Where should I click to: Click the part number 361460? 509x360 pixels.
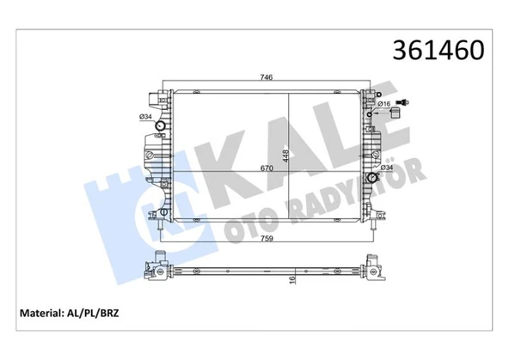coord(438,51)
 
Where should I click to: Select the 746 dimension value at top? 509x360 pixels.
coord(267,77)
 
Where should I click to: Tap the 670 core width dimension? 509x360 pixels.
coord(267,168)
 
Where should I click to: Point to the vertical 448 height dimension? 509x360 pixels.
coord(285,156)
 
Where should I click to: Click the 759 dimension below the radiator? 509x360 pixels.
coord(267,238)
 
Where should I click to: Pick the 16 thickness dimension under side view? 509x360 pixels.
coord(291,279)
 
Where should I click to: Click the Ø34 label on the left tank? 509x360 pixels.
coord(145,117)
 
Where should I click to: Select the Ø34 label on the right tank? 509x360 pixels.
coord(387,168)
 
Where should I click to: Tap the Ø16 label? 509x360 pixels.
coord(384,104)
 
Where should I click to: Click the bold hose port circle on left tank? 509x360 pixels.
coord(161,125)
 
